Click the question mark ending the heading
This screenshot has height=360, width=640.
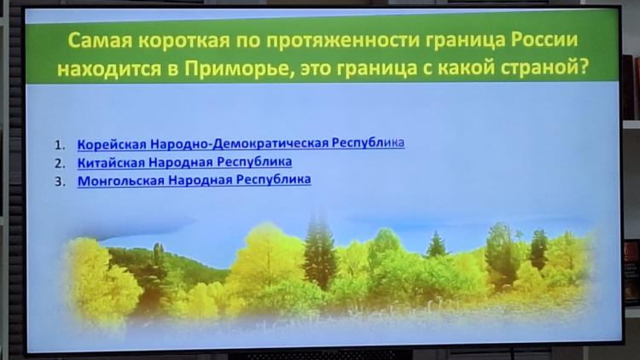(584, 67)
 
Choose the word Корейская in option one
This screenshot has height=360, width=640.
(112, 144)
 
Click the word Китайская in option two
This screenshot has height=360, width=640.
(111, 162)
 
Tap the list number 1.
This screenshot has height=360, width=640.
(60, 145)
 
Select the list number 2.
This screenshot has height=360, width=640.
(60, 163)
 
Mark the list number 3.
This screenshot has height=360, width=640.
(60, 181)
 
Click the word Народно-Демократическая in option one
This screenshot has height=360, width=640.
(239, 143)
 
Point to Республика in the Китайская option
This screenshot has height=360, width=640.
(254, 162)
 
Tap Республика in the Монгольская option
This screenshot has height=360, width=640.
(273, 180)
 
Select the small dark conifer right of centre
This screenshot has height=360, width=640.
(436, 245)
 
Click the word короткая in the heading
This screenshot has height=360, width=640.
(183, 40)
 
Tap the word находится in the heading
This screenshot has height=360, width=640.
(109, 69)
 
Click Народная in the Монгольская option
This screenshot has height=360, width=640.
(201, 180)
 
